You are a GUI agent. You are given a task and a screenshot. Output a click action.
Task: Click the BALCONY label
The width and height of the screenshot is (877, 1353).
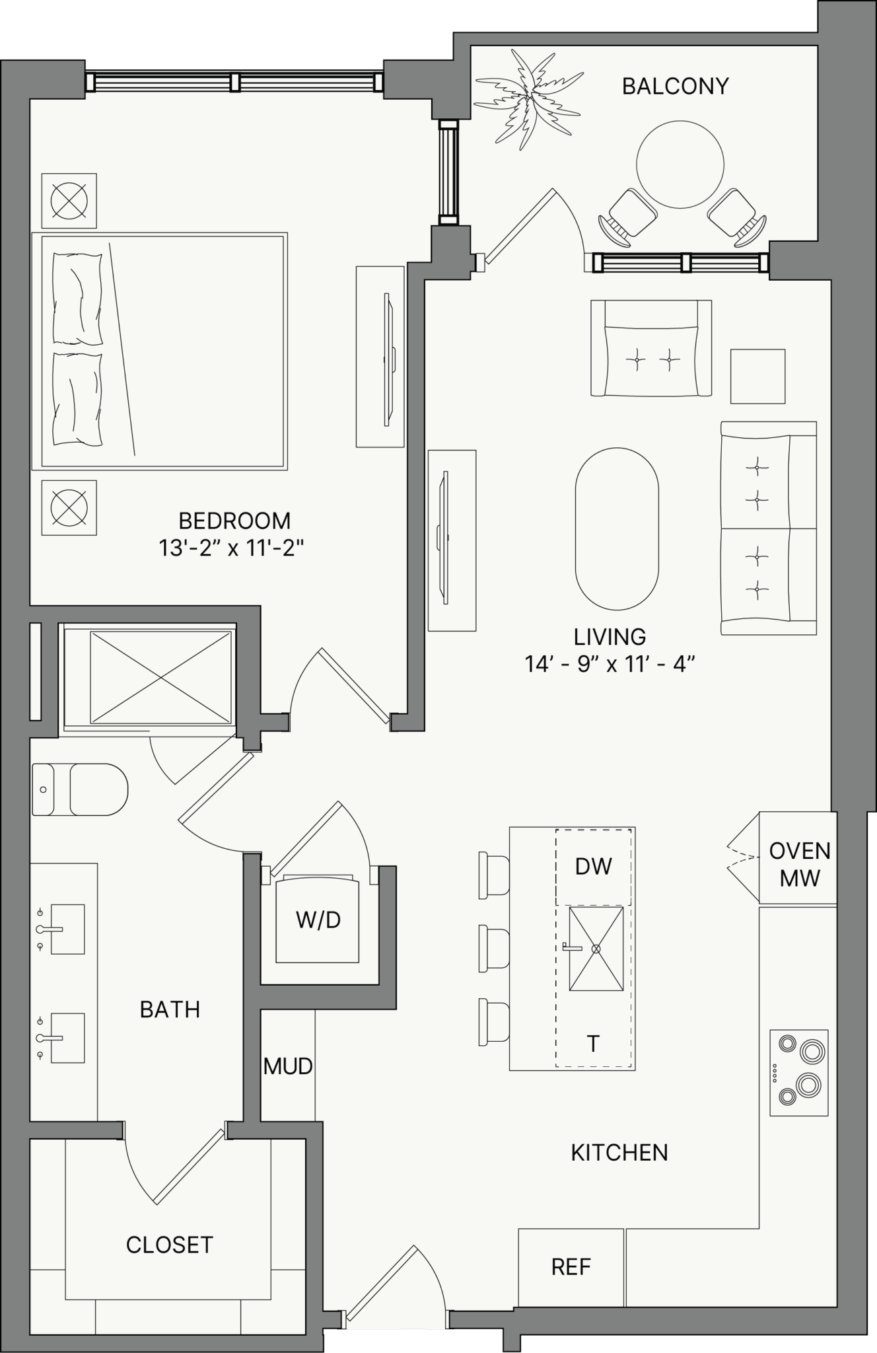point(676,86)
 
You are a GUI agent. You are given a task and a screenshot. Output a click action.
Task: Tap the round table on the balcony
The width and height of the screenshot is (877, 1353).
point(680,164)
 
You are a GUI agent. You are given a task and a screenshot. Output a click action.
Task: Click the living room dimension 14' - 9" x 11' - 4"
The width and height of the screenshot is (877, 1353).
point(610,663)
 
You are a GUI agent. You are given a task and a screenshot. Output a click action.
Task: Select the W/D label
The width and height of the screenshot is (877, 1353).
point(318,920)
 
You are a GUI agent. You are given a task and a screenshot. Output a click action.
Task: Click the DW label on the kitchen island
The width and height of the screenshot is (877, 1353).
point(594,866)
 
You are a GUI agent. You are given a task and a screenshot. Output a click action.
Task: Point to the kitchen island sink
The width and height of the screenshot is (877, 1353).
point(596,949)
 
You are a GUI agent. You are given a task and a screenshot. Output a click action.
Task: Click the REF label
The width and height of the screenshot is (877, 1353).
point(571,1266)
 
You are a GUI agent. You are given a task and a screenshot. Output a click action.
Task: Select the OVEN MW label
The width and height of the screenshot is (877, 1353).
point(800,864)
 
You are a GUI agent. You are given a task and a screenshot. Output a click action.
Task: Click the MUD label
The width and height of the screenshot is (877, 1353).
point(288,1066)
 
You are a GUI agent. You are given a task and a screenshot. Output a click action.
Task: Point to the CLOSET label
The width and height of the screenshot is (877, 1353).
point(170,1245)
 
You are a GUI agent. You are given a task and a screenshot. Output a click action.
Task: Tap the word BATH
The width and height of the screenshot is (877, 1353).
point(170,1009)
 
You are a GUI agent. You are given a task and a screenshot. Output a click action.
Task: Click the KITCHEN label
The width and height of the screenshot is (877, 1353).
point(619,1153)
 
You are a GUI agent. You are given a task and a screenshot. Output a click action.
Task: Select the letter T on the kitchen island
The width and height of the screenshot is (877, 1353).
point(593,1044)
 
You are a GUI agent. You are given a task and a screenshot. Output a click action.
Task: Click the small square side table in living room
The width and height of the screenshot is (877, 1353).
point(758,377)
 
